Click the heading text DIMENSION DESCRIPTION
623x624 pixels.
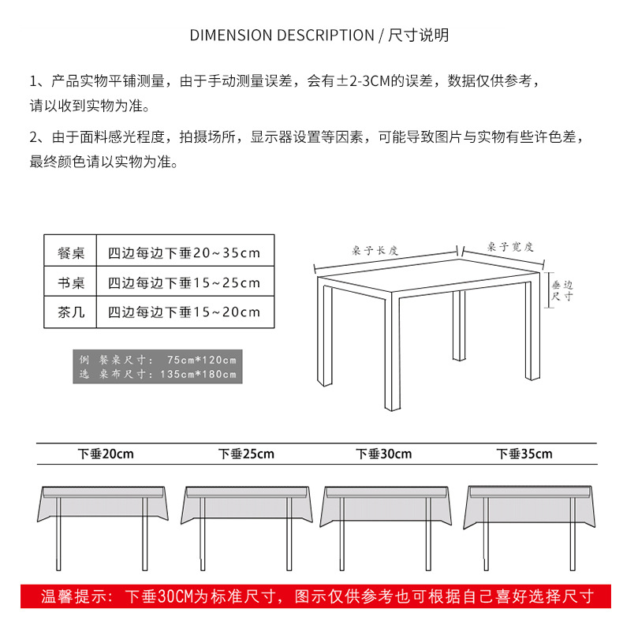click(x=282, y=35)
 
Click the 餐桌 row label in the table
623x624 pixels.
click(x=71, y=253)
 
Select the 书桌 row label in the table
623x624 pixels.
click(x=71, y=282)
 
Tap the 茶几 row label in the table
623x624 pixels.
click(x=71, y=312)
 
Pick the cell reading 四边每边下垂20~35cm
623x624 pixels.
click(x=184, y=253)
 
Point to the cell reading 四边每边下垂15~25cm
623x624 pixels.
click(x=184, y=282)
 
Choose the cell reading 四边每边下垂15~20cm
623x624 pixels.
click(x=184, y=312)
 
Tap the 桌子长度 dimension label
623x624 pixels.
click(x=375, y=250)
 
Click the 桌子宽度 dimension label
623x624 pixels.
click(x=510, y=247)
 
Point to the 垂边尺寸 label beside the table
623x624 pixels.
click(x=561, y=291)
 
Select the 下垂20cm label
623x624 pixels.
click(x=106, y=454)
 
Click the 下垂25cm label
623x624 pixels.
click(x=246, y=454)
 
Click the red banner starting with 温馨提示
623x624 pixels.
click(x=315, y=596)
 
